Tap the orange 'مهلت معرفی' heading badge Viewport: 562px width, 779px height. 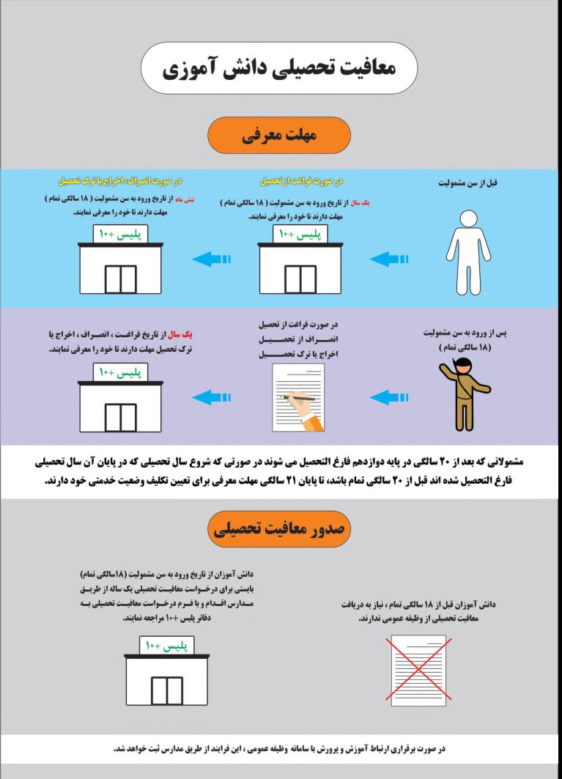pos(279,136)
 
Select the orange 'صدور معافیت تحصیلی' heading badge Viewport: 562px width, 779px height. pos(279,529)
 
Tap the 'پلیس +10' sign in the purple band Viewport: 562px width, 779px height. pos(120,372)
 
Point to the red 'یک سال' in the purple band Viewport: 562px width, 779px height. pos(197,336)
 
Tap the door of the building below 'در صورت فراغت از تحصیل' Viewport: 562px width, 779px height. pos(300,278)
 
